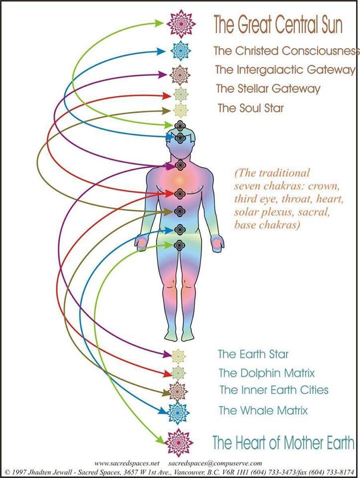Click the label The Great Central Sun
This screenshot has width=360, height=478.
coord(278,24)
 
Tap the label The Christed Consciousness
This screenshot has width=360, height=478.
coord(286,51)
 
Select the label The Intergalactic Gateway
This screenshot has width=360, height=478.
coord(285,70)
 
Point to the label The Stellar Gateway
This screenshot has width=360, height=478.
coord(268,89)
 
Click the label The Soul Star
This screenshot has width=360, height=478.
coord(251,108)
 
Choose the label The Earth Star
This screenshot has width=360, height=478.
coord(253,355)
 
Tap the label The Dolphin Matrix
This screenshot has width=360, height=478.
coord(267,372)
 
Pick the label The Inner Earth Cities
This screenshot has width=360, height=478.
coord(274,390)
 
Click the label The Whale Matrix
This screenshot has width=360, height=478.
coord(263,411)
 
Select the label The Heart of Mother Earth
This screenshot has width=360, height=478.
coord(283,442)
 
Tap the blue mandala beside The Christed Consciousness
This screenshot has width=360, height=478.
coord(179,51)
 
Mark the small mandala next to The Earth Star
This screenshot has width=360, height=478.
coord(179,356)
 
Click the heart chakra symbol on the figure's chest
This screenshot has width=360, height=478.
coord(180,192)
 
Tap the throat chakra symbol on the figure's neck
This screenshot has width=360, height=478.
coord(180,165)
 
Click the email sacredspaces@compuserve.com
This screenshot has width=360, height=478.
coord(219,463)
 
